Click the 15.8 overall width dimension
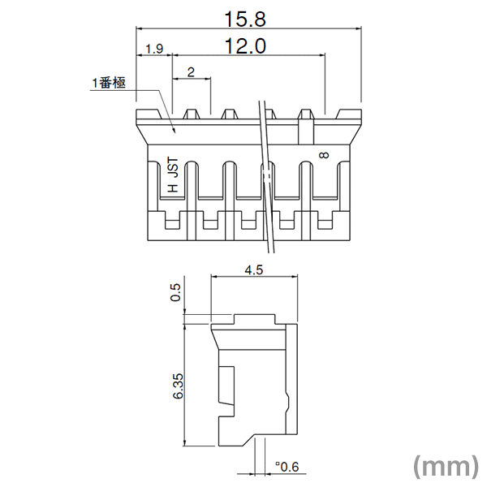coord(245,19)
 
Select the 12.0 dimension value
coord(245,45)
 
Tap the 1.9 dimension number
coord(154,49)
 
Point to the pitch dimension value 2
coord(191,72)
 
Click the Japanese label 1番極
coord(109,83)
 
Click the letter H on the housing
coord(175,187)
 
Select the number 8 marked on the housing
coord(325,155)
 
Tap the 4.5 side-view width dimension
coord(254,269)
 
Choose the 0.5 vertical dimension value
coord(175,292)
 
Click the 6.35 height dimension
coord(179,386)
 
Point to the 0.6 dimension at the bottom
coord(287,467)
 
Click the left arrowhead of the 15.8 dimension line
coord(140,29)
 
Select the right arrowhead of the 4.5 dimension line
coord(294,275)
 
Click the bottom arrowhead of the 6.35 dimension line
coord(184,443)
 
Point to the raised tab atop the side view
coord(254,319)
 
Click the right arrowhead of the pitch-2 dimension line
coord(208,79)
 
